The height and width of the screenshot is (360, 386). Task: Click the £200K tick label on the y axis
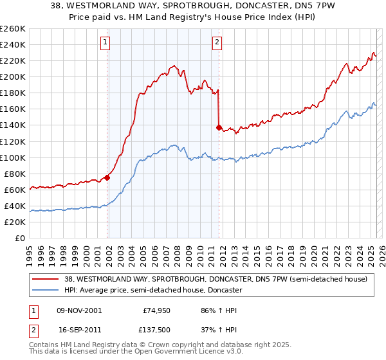point(13,76)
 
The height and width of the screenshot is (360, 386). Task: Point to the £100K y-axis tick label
point(13,157)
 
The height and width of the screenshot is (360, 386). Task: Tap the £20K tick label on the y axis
point(15,222)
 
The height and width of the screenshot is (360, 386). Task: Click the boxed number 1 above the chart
point(105,43)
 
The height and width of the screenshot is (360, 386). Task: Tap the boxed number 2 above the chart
point(217,43)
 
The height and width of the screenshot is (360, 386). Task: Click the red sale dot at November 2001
point(107,177)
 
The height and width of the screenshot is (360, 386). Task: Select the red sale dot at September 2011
point(219,127)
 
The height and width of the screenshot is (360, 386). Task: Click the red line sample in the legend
point(46,279)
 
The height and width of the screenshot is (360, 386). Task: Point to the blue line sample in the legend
point(46,290)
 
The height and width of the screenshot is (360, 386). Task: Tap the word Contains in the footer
point(45,345)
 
